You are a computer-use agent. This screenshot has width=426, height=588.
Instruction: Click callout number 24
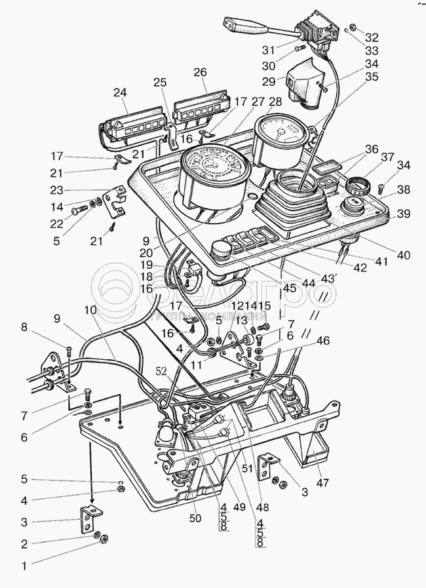pos(119,93)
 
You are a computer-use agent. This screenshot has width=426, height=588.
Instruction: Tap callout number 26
pos(200,72)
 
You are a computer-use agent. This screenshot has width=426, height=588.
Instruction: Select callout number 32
pos(372,37)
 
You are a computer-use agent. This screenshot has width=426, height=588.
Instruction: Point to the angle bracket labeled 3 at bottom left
pos(90,520)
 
